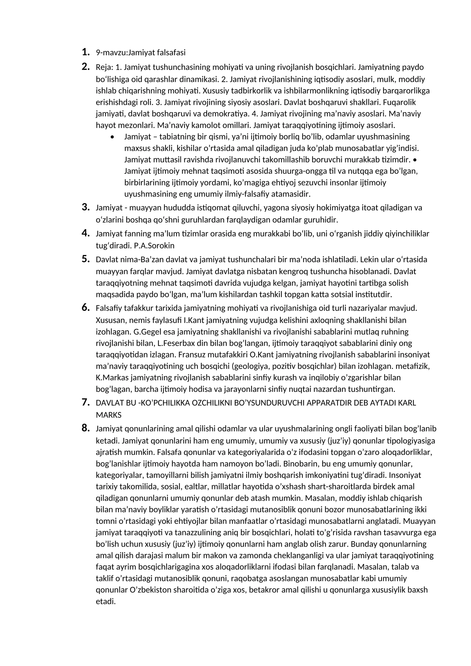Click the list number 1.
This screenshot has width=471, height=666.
coord(85,52)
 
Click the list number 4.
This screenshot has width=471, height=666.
coord(85,233)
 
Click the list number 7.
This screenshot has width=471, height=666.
coord(85,402)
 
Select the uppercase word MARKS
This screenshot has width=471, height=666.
coord(109,415)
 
